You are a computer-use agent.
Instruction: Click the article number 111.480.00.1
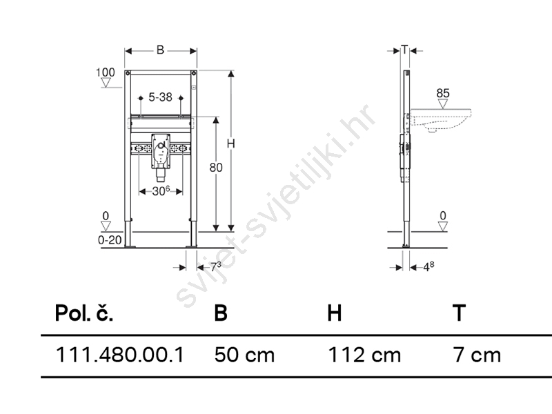(119, 355)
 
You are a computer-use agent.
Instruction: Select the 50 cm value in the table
(244, 355)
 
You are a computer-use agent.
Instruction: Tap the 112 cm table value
(364, 355)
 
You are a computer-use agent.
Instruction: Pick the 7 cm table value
(477, 355)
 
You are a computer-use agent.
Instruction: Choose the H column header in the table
(335, 313)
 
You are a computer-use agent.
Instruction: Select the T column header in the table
(459, 313)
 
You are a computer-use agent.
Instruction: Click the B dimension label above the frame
(160, 50)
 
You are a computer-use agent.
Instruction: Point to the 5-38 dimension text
(160, 97)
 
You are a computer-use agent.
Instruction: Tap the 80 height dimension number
(216, 168)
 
